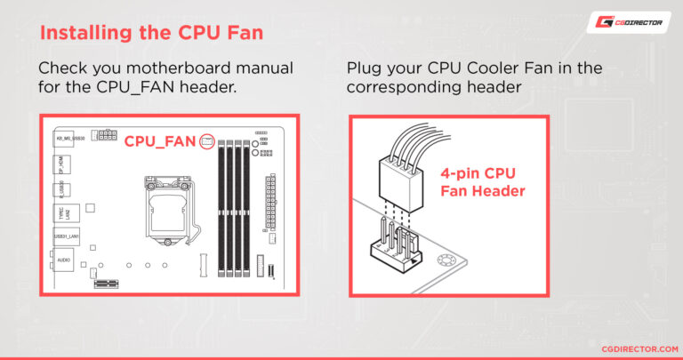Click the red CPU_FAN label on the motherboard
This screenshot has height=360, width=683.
pos(160,141)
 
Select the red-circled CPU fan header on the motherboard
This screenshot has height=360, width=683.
pos(207,140)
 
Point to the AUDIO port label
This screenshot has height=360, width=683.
pos(64,260)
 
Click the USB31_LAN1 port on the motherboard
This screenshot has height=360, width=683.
pos(64,236)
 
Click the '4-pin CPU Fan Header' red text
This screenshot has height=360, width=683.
pos(481,182)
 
